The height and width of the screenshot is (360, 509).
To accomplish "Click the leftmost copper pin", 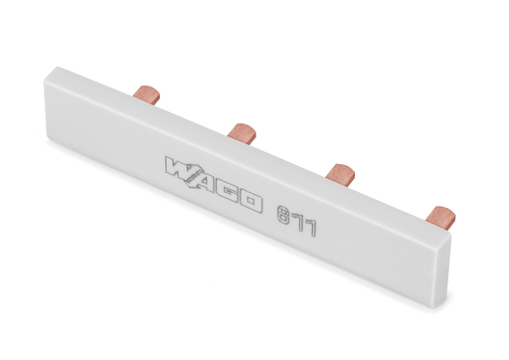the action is click(x=146, y=92).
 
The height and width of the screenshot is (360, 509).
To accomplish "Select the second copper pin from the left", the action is click(x=242, y=133).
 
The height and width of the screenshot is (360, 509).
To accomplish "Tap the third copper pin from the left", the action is click(x=340, y=174).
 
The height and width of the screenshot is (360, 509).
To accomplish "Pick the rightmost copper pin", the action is click(x=440, y=217).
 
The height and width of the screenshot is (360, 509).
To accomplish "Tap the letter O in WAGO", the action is click(x=251, y=201).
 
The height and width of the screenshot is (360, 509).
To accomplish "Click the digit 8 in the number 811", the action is click(x=283, y=215).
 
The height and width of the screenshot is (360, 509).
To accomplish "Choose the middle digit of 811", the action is click(x=297, y=222).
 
